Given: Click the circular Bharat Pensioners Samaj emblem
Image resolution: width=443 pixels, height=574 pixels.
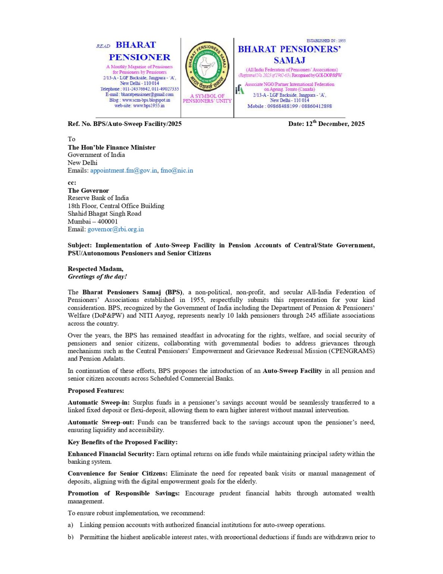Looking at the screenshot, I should click(x=207, y=67).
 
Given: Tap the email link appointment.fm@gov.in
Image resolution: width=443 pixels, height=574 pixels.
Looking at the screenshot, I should click(x=124, y=170).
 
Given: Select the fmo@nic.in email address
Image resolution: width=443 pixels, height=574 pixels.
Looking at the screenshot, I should click(x=177, y=170).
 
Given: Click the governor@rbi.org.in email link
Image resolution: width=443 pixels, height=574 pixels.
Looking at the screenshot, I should click(x=115, y=229).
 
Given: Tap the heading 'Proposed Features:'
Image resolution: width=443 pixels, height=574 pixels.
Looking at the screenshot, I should click(x=96, y=391).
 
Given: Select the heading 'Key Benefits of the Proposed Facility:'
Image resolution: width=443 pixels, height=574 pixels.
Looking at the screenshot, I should click(x=122, y=442).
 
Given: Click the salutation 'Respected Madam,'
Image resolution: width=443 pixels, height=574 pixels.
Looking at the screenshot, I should click(x=95, y=269).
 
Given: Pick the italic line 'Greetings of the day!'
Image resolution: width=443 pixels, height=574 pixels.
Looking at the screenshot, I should click(x=97, y=277).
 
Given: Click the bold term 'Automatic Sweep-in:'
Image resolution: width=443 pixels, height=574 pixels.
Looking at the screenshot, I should click(x=99, y=402).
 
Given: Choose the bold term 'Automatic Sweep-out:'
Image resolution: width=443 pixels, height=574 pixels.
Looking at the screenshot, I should click(x=101, y=422).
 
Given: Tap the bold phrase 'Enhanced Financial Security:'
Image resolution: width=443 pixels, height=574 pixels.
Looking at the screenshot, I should click(x=111, y=454).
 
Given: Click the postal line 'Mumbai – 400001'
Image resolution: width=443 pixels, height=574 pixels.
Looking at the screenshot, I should click(x=93, y=221).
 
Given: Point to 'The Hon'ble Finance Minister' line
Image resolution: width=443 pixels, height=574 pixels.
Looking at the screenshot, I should click(x=112, y=147).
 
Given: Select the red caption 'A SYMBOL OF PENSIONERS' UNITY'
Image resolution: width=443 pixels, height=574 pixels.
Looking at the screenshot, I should click(x=207, y=98).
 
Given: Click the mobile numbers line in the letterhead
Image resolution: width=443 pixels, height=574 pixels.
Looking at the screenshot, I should click(x=290, y=106).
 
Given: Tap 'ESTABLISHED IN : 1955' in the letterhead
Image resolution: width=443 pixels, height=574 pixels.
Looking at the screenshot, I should click(x=326, y=40).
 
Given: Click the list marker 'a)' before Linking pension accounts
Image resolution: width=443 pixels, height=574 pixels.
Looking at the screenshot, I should click(x=71, y=525).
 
